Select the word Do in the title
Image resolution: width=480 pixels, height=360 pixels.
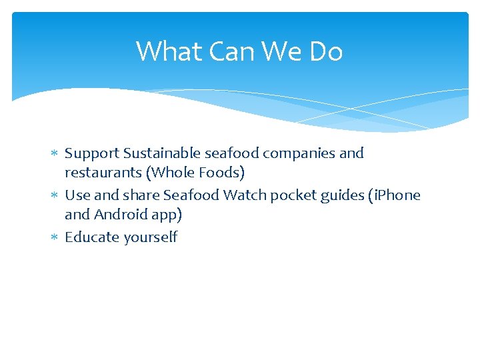point(325,51)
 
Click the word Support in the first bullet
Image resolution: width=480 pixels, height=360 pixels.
point(92,153)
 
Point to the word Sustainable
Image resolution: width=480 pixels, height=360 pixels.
point(158,153)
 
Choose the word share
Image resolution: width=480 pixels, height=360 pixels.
point(141,195)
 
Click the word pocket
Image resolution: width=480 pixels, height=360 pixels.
point(294,195)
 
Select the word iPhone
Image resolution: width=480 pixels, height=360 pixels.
point(398,195)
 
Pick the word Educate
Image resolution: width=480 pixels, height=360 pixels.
point(91,237)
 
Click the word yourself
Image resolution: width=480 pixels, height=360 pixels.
point(150,237)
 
